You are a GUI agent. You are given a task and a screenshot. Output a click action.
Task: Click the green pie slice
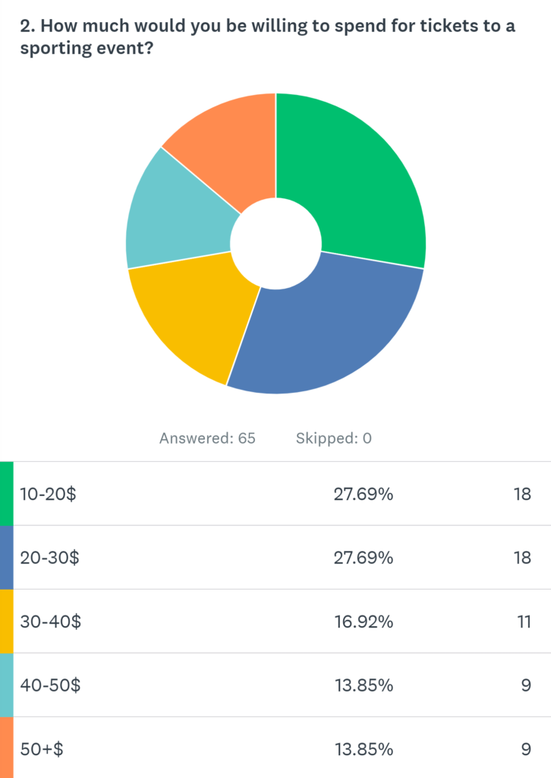pyautogui.click(x=357, y=182)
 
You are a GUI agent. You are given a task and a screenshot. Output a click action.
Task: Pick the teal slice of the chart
pyautogui.click(x=175, y=213)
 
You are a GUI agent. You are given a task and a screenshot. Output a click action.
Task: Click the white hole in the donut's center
pyautogui.click(x=275, y=243)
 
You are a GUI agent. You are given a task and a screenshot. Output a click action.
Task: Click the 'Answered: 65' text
pyautogui.click(x=207, y=438)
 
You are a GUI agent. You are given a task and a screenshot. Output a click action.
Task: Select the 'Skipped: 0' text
pyautogui.click(x=332, y=438)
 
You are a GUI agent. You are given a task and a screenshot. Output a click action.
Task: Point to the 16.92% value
pyautogui.click(x=364, y=621)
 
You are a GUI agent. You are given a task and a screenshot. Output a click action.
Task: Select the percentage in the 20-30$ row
pyautogui.click(x=364, y=558)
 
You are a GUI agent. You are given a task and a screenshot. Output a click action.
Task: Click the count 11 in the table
pyautogui.click(x=521, y=621)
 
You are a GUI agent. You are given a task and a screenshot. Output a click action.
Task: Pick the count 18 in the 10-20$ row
pyautogui.click(x=521, y=494)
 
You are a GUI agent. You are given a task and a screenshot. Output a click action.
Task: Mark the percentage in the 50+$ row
pyautogui.click(x=364, y=749)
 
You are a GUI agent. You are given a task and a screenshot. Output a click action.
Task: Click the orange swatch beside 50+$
pyautogui.click(x=6, y=748)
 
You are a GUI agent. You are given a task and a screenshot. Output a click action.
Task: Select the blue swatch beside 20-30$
pyautogui.click(x=6, y=558)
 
